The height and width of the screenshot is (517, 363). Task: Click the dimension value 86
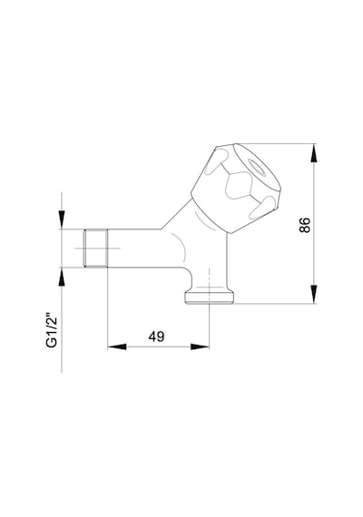point(305,225)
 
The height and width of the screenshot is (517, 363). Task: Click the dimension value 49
point(156,337)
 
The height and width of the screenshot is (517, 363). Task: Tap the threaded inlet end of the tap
point(95,248)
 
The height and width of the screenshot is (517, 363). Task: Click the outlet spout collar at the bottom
point(210,298)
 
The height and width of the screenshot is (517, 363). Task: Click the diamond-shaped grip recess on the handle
point(239,185)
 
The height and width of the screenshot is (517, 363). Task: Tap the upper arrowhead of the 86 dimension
point(314,153)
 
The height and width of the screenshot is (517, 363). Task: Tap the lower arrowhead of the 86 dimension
point(314,294)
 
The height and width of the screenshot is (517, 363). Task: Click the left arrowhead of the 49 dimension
point(117,346)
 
